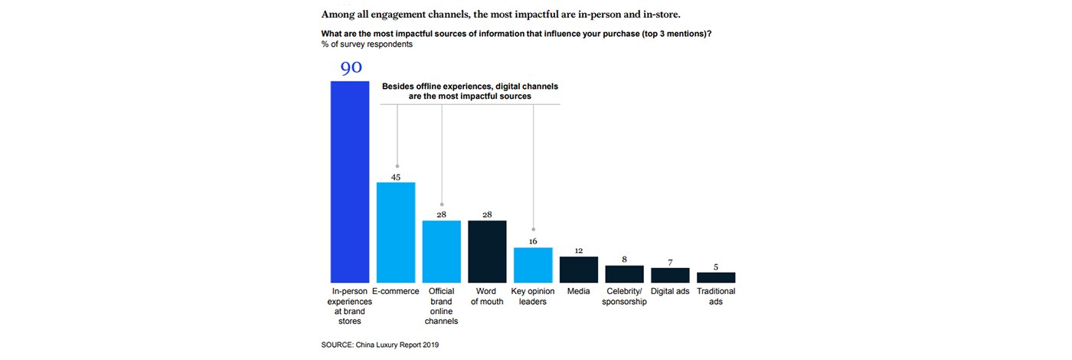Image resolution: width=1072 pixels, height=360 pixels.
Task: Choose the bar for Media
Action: coord(579,269)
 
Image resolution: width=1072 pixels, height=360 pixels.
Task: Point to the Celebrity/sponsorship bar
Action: coord(625,273)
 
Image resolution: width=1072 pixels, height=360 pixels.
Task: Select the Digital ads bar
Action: coord(670,275)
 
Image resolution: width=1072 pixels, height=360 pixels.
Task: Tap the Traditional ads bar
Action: coord(716,277)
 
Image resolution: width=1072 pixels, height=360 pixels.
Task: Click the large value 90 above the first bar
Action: coord(351,68)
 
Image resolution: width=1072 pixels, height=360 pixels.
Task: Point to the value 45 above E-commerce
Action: coord(396,177)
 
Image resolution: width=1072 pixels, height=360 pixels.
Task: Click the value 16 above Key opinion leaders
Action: coord(533,241)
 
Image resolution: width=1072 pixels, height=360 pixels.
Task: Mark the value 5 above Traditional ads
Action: coord(716,266)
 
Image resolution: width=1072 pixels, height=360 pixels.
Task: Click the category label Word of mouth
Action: coord(487,296)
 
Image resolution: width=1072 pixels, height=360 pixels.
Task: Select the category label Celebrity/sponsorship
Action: coord(626,296)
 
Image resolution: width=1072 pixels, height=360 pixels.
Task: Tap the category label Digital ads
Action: coord(670,291)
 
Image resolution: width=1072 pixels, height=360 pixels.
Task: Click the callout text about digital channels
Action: coord(471,92)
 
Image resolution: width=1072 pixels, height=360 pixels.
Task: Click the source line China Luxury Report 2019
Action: coord(381,345)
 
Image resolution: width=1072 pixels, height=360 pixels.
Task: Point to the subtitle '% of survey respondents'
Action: coord(367,44)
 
